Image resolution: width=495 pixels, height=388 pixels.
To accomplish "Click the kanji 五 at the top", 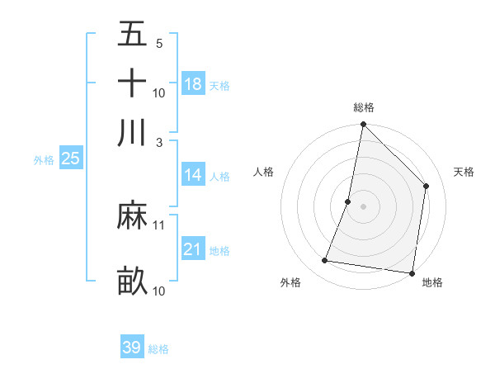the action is point(132,36).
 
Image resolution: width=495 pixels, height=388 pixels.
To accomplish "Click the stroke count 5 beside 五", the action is point(158,43).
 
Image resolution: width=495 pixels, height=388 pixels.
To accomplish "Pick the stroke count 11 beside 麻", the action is point(159,225).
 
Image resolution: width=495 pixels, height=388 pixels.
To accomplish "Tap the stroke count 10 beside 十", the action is point(159,92).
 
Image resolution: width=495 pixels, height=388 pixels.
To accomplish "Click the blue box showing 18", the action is point(193,83).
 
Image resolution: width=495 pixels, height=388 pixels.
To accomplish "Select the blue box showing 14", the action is point(193,175).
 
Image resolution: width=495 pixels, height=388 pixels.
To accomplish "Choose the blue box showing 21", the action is point(193,249).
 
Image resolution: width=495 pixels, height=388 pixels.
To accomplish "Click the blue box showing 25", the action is point(70,159).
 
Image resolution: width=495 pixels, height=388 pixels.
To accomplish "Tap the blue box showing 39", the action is point(131,348).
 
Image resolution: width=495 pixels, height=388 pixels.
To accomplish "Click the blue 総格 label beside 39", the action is point(158,349).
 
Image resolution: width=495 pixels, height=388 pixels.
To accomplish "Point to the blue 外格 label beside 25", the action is point(44,160).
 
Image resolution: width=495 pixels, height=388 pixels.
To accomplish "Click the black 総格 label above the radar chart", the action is point(364,108).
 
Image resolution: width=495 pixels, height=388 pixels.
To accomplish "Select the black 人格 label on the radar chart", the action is point(264,172).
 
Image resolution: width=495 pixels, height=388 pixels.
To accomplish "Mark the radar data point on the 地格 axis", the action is point(412,272).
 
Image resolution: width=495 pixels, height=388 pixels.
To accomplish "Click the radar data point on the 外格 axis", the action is point(325,261).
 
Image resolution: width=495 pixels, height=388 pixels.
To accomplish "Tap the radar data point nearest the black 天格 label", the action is point(427,186).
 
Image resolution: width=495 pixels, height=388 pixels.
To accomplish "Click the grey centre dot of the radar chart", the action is point(364,206).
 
